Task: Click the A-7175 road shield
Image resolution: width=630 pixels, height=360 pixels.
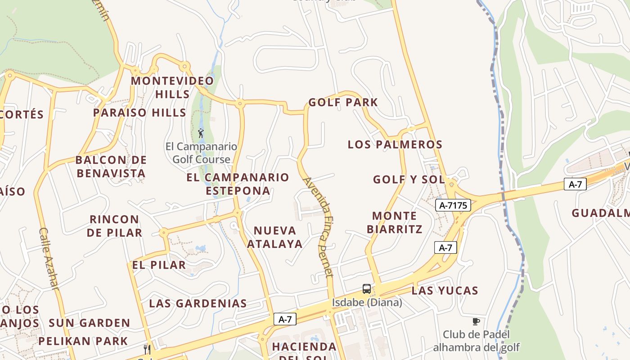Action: (x=453, y=206)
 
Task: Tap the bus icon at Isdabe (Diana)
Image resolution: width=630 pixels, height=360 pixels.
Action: (x=367, y=289)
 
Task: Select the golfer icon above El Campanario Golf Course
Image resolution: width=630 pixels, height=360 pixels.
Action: (x=201, y=133)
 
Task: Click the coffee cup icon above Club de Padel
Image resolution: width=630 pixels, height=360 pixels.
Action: (x=476, y=321)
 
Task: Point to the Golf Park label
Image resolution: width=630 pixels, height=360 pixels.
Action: (x=343, y=103)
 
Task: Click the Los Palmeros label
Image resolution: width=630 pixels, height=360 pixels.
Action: (x=395, y=144)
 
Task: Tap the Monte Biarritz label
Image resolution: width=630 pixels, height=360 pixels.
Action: (x=394, y=223)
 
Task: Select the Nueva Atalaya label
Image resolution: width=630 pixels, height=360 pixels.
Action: (x=274, y=237)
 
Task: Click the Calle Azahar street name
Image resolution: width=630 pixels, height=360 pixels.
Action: (x=49, y=258)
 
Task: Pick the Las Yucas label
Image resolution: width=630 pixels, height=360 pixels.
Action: (x=445, y=291)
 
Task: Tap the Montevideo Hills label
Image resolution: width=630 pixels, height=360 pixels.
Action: (x=172, y=88)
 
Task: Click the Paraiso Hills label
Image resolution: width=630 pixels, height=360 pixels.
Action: (x=139, y=112)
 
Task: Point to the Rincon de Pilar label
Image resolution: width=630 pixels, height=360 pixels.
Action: (x=114, y=226)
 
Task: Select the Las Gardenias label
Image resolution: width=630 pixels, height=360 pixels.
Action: (x=198, y=303)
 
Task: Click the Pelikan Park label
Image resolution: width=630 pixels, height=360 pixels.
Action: (x=83, y=341)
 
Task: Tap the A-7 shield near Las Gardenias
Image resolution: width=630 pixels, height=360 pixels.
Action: (x=285, y=319)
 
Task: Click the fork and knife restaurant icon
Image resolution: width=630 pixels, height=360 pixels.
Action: (x=147, y=349)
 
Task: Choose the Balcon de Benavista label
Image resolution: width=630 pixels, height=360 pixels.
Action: (x=111, y=166)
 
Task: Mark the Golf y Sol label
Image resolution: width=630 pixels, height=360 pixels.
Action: (x=409, y=180)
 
